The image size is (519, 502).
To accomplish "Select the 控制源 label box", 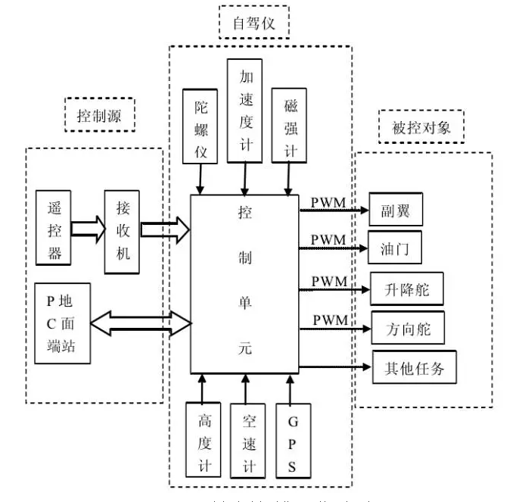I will pyautogui.click(x=100, y=115).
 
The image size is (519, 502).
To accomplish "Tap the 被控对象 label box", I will pyautogui.click(x=421, y=126).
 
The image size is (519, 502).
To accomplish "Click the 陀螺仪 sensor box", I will pyautogui.click(x=200, y=129).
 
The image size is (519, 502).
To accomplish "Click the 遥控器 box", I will pyautogui.click(x=54, y=227).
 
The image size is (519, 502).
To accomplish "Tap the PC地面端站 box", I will pyautogui.click(x=64, y=323).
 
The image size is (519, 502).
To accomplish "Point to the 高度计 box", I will pyautogui.click(x=204, y=441).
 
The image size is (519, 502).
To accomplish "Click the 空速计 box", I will pyautogui.click(x=247, y=441).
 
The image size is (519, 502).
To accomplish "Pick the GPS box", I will pyautogui.click(x=291, y=441).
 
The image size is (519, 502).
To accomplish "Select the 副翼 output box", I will pyautogui.click(x=395, y=209).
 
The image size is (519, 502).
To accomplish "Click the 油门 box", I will pyautogui.click(x=395, y=248).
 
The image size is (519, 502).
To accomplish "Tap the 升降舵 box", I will pyautogui.click(x=406, y=288).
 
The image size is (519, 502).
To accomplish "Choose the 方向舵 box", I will pyautogui.click(x=406, y=329).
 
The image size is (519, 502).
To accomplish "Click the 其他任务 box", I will pyautogui.click(x=415, y=367).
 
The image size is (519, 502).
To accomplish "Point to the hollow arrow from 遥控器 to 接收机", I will pyautogui.click(x=88, y=229).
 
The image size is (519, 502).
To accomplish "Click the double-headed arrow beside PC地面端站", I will pyautogui.click(x=141, y=323).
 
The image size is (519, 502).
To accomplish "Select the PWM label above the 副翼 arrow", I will pyautogui.click(x=328, y=203).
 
